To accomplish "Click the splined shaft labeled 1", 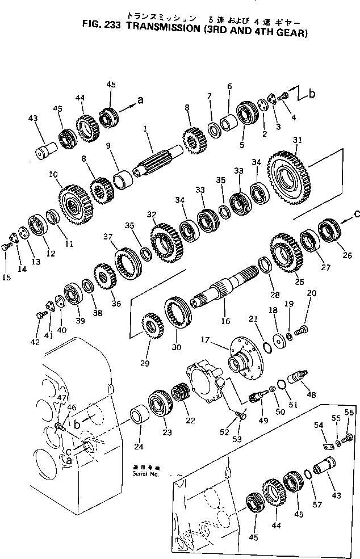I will [159, 161].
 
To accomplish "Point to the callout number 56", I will [349, 413].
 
